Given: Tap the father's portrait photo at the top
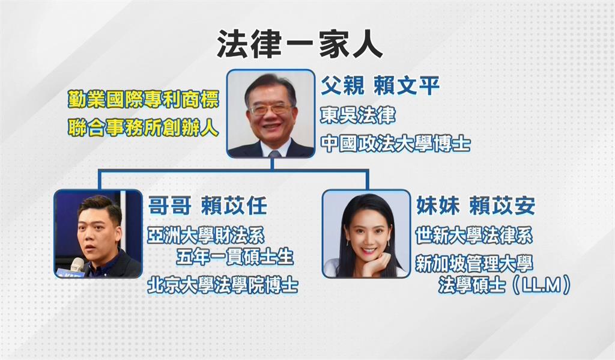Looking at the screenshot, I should [271, 114].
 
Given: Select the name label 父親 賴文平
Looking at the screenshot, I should [380, 85].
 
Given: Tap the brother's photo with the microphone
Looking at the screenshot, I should [98, 234].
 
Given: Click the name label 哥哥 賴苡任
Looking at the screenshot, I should [207, 206].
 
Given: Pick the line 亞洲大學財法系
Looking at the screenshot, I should [206, 234].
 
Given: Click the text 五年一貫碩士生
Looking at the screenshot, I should [235, 257].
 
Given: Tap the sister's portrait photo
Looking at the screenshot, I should [365, 234].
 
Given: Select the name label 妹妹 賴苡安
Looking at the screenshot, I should [475, 206].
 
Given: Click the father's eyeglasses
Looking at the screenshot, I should [270, 109].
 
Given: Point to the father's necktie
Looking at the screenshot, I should [274, 153].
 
